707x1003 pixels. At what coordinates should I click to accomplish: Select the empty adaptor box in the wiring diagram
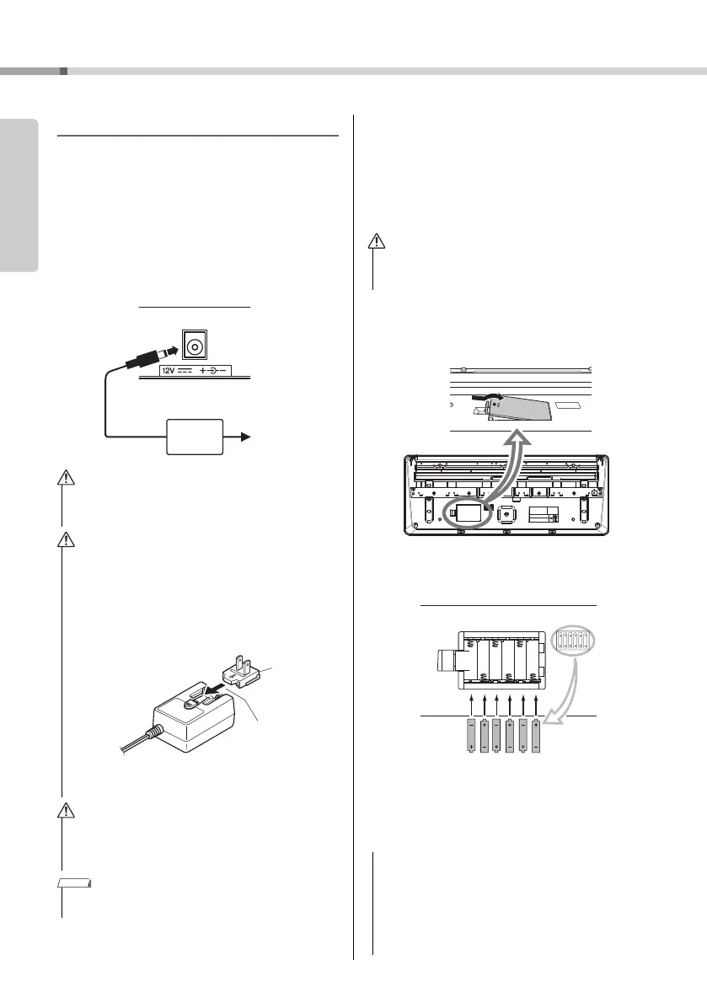tap(195, 437)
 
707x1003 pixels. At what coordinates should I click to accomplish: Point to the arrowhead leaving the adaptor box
tap(244, 437)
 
